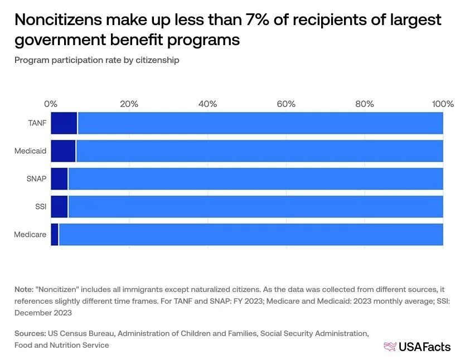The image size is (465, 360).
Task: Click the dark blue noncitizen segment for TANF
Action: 64,123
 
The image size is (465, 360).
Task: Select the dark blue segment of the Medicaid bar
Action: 63,151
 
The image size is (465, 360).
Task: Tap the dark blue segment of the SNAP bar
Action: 59,178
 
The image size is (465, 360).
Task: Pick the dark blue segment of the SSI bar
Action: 59,206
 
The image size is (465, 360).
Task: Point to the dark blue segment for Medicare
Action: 55,234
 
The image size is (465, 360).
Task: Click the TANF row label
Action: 37,123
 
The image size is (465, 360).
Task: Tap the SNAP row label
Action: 36,178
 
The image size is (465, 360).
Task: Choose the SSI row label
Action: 41,206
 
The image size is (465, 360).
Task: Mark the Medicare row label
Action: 30,234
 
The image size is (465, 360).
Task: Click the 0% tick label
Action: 51,104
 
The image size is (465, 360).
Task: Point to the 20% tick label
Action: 129,104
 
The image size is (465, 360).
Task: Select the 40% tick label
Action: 207,104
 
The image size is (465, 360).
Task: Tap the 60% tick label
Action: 286,104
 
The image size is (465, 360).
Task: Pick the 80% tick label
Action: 365,104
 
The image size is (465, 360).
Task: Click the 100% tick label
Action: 443,104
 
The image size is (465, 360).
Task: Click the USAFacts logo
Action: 417,347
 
